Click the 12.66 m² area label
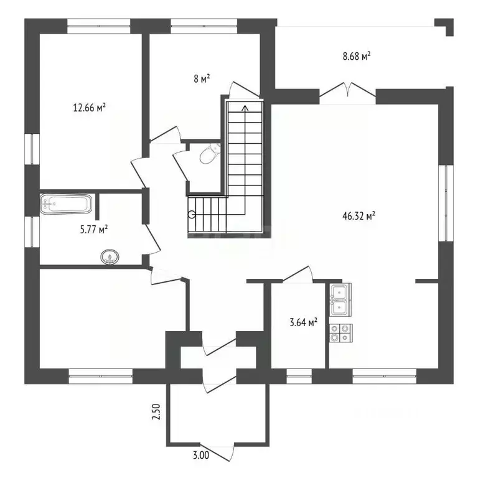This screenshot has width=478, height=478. point(90,108)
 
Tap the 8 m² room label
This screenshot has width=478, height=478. point(202,78)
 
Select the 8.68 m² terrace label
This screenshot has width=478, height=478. point(357,56)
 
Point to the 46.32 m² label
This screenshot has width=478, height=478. point(358,216)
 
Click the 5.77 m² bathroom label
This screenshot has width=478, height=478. point(94,229)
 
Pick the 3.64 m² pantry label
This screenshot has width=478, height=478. point(303,322)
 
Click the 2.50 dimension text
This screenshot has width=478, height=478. point(156,411)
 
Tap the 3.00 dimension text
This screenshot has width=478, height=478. point(201,455)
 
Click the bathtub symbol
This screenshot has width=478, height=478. point(66,204)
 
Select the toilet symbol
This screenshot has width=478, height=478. point(210,154)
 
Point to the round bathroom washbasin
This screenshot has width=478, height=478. point(110,256)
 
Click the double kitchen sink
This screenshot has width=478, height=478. point(340,299)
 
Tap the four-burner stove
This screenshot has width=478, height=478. point(340,333)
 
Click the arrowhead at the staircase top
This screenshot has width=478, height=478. point(245,107)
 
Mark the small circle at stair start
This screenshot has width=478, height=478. point(192,215)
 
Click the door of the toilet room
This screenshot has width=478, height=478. point(180,167)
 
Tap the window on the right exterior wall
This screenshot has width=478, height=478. point(446,203)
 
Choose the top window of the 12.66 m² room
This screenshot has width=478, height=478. point(99,26)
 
